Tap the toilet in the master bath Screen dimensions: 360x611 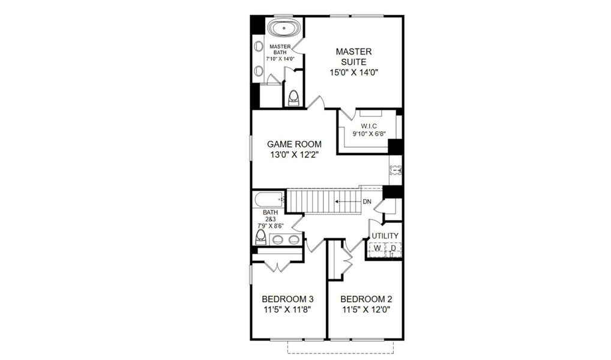point(294,97)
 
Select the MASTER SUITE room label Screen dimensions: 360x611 point(354,56)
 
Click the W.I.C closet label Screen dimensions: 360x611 point(368,126)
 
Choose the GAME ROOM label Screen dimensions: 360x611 point(294,144)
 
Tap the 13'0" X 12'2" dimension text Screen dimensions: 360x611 point(294,155)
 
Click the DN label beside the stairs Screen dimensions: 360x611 point(367,202)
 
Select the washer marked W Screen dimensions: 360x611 point(376,248)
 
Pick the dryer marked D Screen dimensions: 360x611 point(393,248)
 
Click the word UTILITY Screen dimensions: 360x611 point(385,236)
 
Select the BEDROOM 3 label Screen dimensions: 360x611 point(287,299)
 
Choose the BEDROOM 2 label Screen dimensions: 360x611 point(366,299)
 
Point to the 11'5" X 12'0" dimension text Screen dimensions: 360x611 point(366,310)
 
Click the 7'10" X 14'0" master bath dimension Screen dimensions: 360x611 point(280,59)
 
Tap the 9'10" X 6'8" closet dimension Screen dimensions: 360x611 point(368,134)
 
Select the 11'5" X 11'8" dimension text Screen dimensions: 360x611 point(287,310)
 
